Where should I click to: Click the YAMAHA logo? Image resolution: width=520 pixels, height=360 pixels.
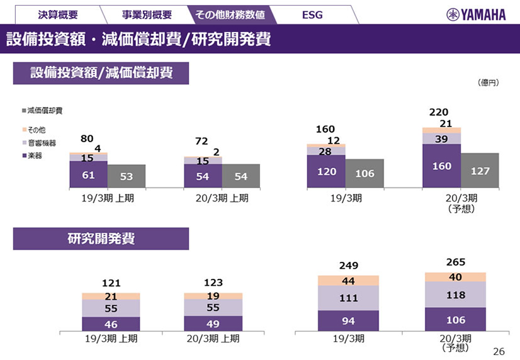pos(476,14)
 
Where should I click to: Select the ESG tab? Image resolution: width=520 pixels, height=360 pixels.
pos(312,14)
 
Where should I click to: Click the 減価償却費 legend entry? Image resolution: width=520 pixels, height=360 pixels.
pos(44,110)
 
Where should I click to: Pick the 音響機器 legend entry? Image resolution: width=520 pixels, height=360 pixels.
pos(40,143)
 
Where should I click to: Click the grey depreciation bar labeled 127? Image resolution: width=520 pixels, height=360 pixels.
pos(480,170)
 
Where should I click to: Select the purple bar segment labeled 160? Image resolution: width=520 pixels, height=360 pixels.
pos(441,166)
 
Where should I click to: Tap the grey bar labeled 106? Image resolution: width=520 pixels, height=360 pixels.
pos(365,173)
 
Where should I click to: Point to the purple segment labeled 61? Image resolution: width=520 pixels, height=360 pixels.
pos(88,174)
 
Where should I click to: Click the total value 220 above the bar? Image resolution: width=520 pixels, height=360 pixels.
pos(439,112)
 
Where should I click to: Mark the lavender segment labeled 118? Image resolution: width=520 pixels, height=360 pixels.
pos(455,295)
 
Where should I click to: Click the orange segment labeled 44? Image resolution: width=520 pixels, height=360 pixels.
pos(348,281)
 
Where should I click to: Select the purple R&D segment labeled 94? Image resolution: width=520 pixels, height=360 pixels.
pos(348,320)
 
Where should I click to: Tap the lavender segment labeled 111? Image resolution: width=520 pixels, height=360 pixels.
pos(348,298)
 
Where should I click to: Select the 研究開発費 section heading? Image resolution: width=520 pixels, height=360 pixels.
pos(101,239)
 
